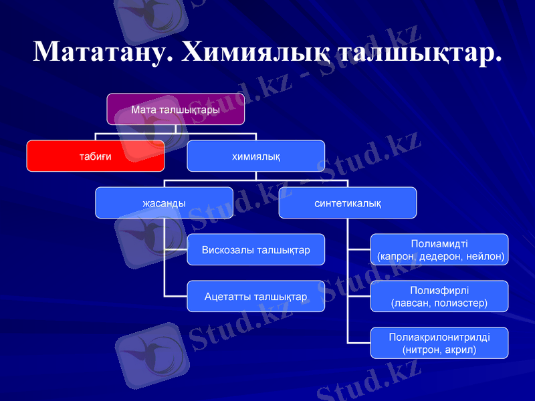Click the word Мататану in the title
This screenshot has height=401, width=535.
click(x=104, y=51)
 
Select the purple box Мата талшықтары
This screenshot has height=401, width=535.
click(x=176, y=109)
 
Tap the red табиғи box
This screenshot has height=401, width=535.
click(x=96, y=156)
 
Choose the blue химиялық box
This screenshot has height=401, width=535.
click(x=255, y=156)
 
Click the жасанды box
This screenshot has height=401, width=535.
click(x=164, y=203)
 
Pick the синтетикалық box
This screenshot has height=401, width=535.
click(x=348, y=203)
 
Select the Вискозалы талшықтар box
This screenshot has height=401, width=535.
click(x=255, y=249)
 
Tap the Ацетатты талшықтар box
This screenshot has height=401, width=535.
click(x=255, y=296)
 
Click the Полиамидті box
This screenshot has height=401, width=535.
click(x=439, y=249)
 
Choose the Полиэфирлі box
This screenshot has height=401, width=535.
click(x=439, y=296)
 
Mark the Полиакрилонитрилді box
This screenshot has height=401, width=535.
click(x=439, y=343)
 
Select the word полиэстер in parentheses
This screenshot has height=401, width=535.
click(x=462, y=303)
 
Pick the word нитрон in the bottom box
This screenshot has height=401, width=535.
click(x=423, y=350)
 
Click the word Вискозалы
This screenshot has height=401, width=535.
click(x=227, y=249)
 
